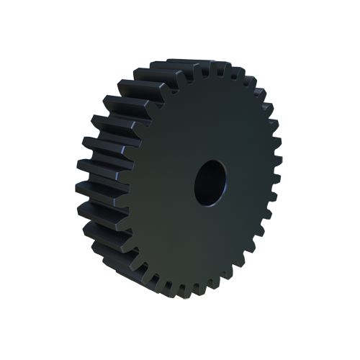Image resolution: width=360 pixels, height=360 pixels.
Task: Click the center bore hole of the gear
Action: coord(210,181)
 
